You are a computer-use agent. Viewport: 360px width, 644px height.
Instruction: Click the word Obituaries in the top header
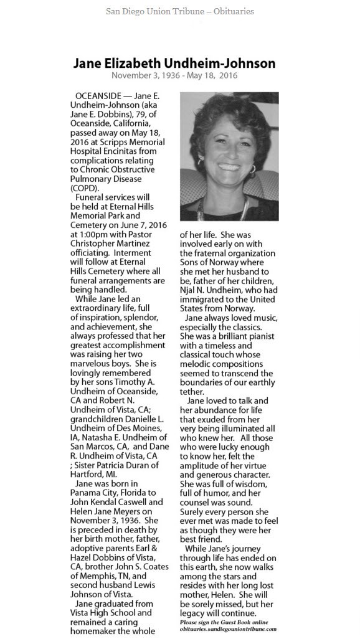click(230, 11)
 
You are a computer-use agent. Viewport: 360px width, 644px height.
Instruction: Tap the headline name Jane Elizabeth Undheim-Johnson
click(174, 64)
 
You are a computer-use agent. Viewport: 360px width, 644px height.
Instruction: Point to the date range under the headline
click(174, 75)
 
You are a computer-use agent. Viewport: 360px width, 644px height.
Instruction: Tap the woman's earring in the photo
click(252, 169)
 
